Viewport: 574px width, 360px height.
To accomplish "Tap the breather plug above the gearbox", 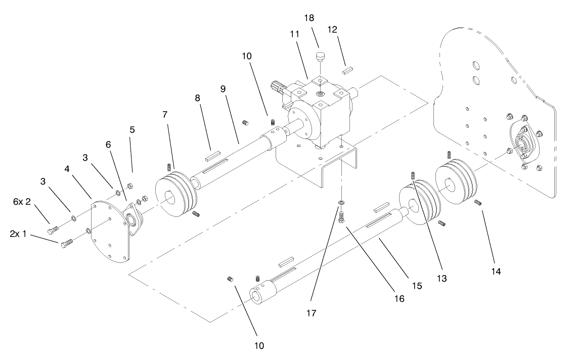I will click(320, 56).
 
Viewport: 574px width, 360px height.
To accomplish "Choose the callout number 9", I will click(223, 88).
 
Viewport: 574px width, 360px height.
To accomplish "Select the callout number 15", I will click(417, 286).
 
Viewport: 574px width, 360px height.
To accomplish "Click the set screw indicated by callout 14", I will click(478, 203).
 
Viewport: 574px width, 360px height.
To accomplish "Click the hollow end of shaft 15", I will click(261, 297).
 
